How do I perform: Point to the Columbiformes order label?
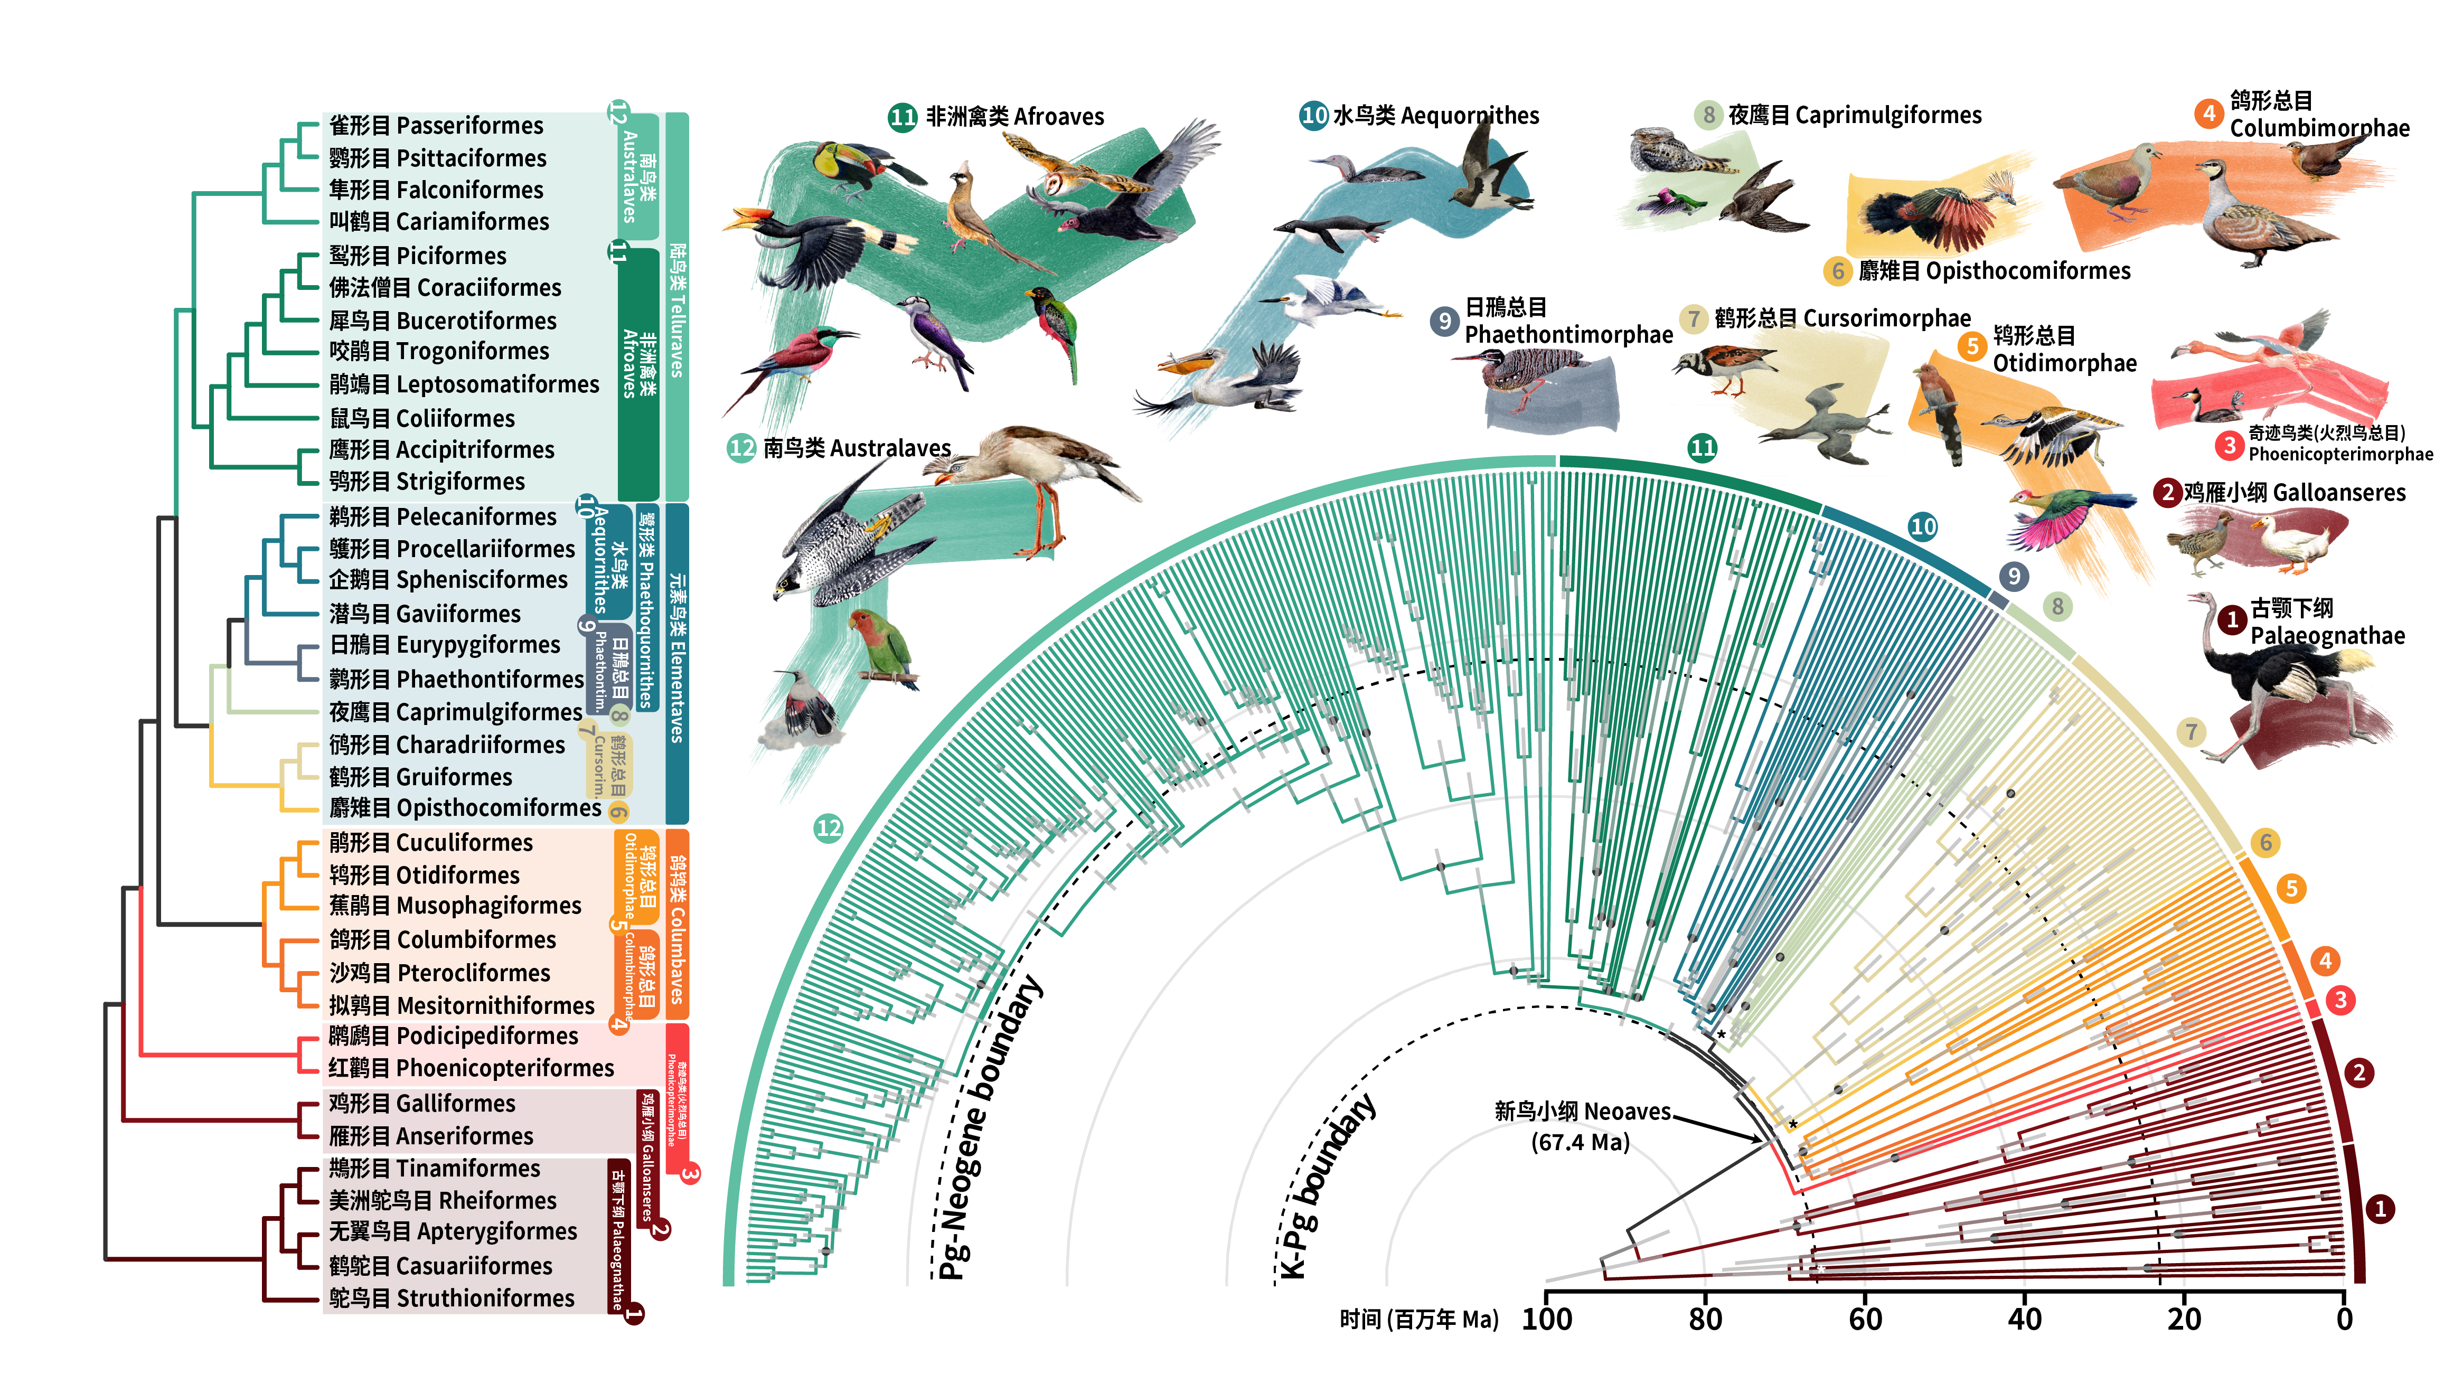coord(442,939)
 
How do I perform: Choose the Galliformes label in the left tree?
coord(422,1103)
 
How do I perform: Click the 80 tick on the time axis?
coord(1706,1319)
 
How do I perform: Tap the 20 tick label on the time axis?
coord(2184,1319)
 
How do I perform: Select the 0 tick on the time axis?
coord(2344,1319)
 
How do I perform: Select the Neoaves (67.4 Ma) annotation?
coord(1581,1126)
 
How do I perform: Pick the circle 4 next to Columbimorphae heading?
coord(2208,113)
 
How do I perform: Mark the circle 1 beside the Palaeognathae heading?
coord(2232,620)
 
